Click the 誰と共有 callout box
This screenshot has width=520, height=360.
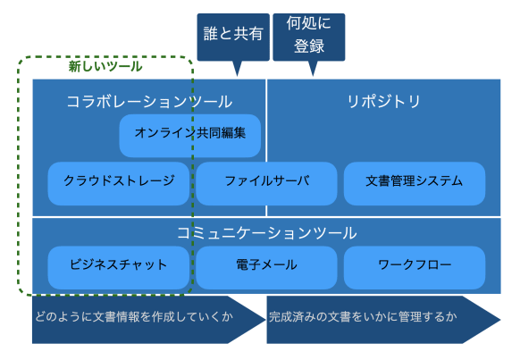pos(233,38)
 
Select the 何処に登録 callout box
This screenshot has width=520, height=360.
pos(309,38)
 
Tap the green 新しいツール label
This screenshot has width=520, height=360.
pos(105,67)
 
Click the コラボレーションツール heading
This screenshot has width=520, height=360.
pos(149,102)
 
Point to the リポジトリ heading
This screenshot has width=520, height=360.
pos(383,102)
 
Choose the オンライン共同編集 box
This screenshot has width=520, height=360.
pos(190,136)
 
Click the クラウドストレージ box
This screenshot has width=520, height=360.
pos(119,184)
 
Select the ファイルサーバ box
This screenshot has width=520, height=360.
pos(266,184)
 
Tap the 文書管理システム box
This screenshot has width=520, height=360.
pos(415,184)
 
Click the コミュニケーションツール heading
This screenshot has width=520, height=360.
pos(266,233)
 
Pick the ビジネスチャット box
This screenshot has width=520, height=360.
pos(119,267)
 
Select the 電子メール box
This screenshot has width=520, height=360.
pos(266,267)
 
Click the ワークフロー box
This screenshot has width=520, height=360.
pos(415,267)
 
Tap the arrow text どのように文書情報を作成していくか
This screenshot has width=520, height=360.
pos(134,317)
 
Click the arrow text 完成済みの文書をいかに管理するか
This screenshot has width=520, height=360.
pos(363,317)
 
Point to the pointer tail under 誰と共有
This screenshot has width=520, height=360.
pos(237,69)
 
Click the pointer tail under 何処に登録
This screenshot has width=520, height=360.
pos(313,69)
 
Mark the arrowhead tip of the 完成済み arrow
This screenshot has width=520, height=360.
pos(500,320)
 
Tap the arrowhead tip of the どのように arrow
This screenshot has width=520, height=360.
pos(266,320)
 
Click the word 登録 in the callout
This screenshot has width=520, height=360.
pos(309,46)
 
